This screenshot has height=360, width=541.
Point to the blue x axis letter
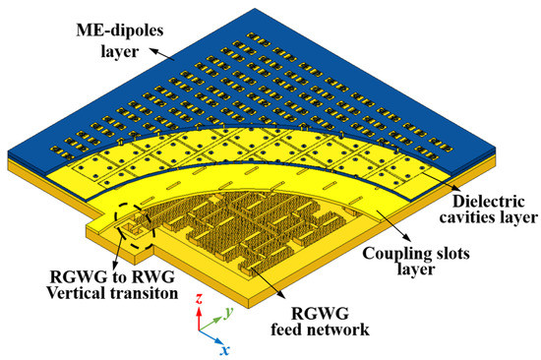(x=227, y=348)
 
